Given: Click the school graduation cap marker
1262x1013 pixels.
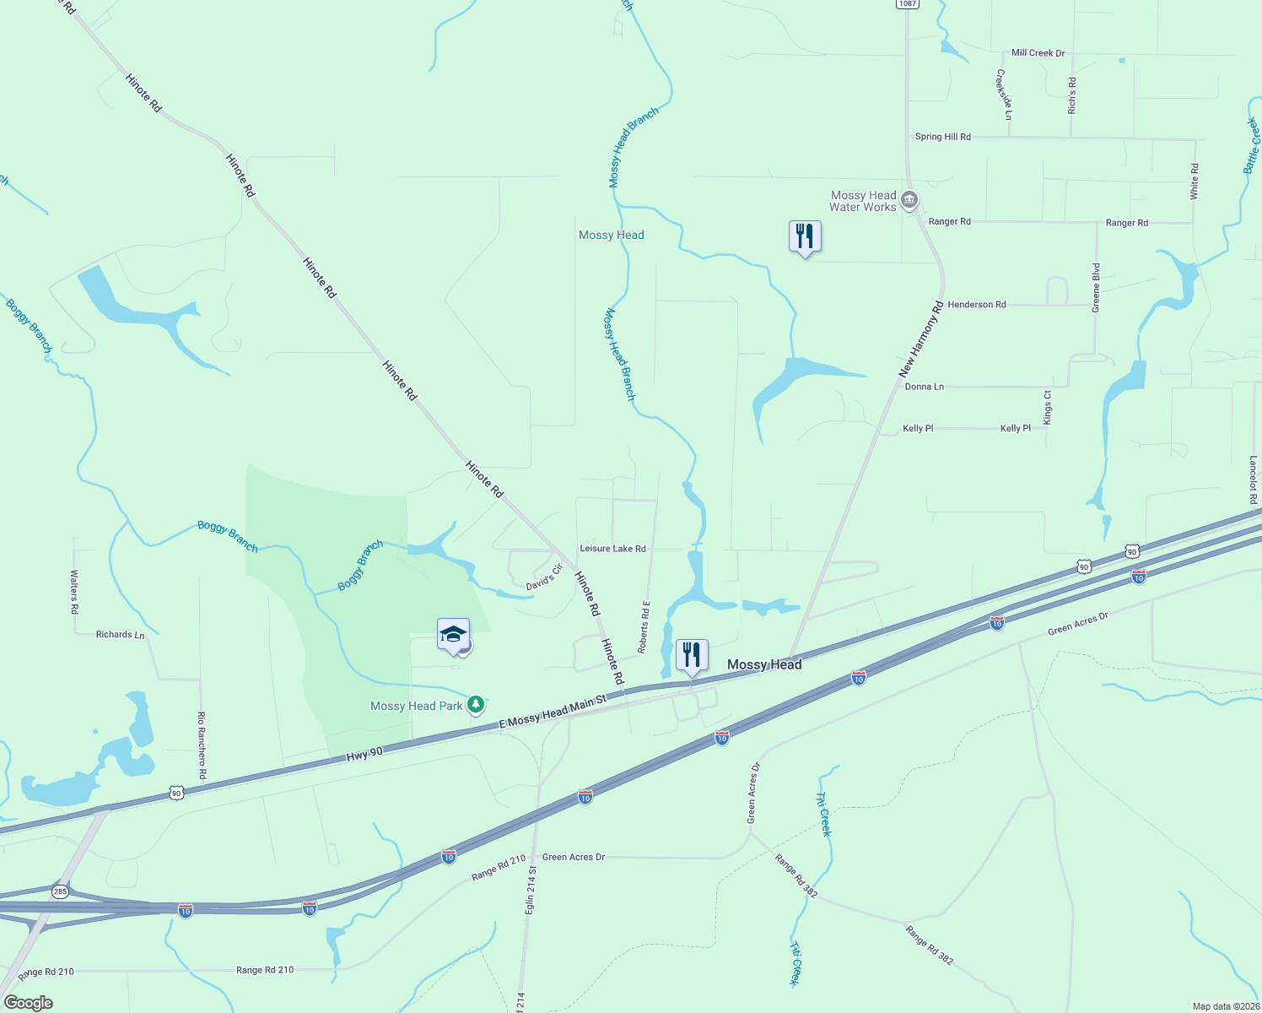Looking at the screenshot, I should pos(453,635).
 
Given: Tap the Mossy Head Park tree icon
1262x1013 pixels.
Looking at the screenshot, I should pos(476,704).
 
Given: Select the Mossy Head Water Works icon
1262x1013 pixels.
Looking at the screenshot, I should pos(909,201).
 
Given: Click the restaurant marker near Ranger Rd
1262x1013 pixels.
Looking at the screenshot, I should pos(805,236).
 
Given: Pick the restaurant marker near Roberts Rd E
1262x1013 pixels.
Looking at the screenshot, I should pos(692,655).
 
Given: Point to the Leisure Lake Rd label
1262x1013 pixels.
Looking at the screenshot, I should pos(612,549).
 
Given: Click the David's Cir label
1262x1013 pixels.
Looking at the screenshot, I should pos(544,578).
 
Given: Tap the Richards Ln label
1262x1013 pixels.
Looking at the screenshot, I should pos(120,635).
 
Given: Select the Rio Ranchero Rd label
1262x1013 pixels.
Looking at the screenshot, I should pos(202,745).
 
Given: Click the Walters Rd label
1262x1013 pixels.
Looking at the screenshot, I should pos(74,591).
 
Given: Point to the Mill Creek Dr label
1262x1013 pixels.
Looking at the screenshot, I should pos(1038,53).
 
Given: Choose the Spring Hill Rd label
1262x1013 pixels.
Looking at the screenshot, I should pos(942,137).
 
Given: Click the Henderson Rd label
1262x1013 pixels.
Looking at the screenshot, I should pos(976,305).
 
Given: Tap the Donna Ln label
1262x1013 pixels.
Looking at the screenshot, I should pos(924,387).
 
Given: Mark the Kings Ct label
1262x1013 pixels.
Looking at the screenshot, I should pos(1048,407).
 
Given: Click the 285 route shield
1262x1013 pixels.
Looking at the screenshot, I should pos(60,891).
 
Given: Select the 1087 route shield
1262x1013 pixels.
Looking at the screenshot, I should pos(907,3).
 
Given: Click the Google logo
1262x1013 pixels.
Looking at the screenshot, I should pos(28,1003).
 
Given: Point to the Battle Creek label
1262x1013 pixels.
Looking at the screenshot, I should pos(1252,146).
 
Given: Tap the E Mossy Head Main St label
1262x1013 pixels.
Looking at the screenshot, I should pos(553,712).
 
